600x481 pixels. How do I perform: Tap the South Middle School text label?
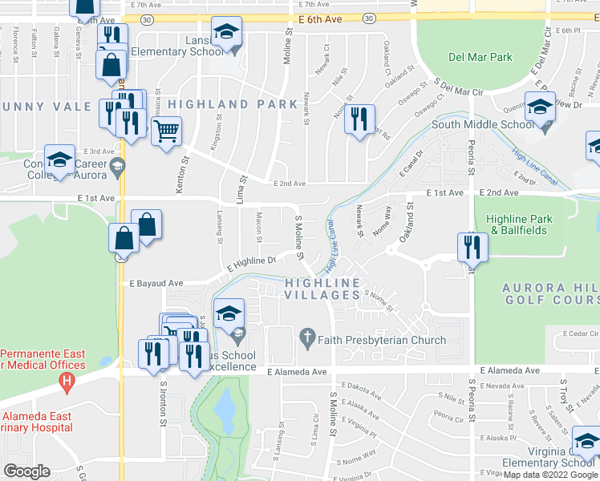(x=482, y=124)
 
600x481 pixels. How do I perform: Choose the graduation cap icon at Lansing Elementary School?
(x=227, y=34)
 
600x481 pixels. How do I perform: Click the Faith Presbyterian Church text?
(x=382, y=340)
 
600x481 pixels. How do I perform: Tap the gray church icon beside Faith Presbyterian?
(x=306, y=340)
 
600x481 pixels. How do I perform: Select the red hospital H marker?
(x=68, y=380)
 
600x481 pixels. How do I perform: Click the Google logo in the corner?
(x=27, y=471)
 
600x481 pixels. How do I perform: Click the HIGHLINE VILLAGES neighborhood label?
(x=322, y=289)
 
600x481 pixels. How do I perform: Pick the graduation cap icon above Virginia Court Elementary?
(x=586, y=441)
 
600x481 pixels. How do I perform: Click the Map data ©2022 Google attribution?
(x=549, y=475)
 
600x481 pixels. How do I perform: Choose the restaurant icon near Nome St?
(x=359, y=119)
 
